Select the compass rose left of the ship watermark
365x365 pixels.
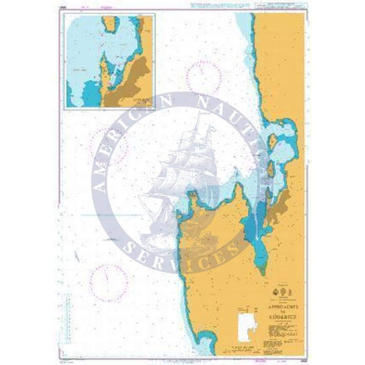[x=109, y=143]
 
